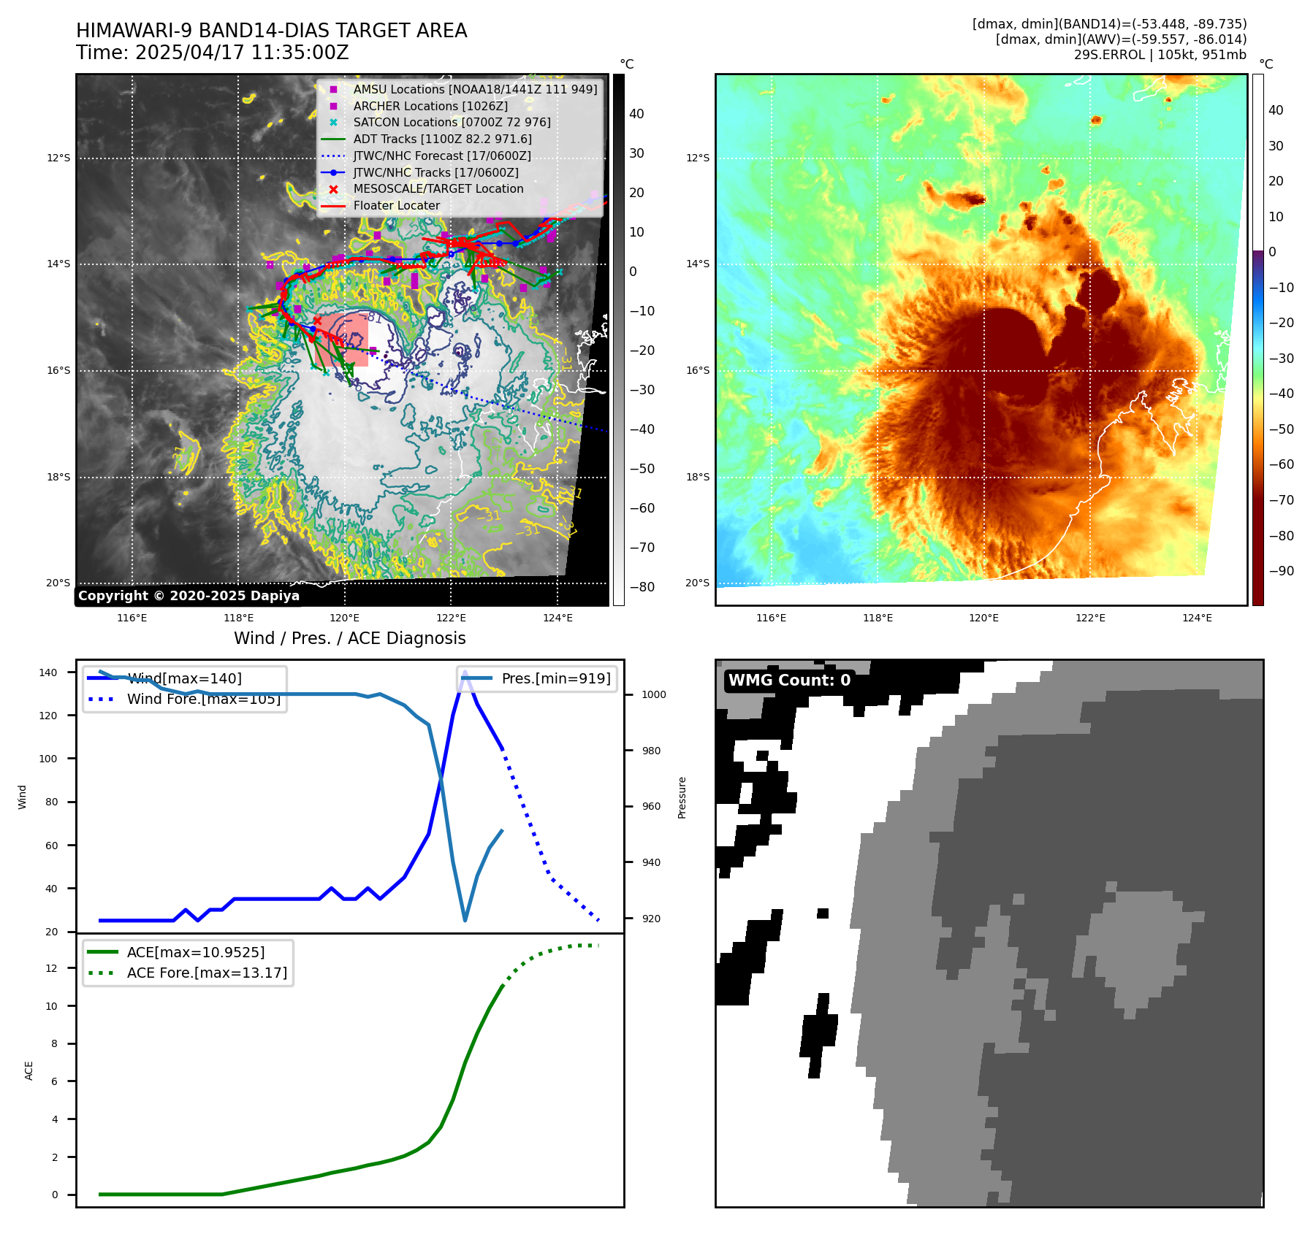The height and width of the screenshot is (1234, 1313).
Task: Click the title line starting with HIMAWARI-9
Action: pyautogui.click(x=271, y=31)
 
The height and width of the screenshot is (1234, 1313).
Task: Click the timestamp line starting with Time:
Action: pyautogui.click(x=212, y=53)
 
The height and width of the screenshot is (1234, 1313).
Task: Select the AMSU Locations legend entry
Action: pyautogui.click(x=475, y=89)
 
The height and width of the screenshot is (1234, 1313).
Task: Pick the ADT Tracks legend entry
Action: pyautogui.click(x=442, y=139)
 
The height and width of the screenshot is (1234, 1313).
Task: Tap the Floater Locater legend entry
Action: pyautogui.click(x=396, y=205)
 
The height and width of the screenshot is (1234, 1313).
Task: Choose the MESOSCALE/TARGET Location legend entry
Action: pyautogui.click(x=438, y=188)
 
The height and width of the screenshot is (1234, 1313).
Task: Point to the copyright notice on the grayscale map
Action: pyautogui.click(x=189, y=595)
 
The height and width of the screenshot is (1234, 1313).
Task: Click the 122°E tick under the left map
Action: pyautogui.click(x=451, y=618)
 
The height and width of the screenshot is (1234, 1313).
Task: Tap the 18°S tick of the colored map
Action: pyautogui.click(x=697, y=477)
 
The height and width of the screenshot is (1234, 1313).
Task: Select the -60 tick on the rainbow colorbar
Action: pyautogui.click(x=1281, y=464)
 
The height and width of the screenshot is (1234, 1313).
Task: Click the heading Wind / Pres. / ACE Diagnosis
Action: pyautogui.click(x=349, y=638)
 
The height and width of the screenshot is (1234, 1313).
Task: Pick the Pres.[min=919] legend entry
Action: pyautogui.click(x=555, y=678)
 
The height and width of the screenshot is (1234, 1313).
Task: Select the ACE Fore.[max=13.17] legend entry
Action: pyautogui.click(x=207, y=973)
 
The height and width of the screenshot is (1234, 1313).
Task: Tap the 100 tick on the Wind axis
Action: pyautogui.click(x=47, y=759)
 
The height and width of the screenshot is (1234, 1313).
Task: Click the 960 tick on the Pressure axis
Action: pyautogui.click(x=650, y=806)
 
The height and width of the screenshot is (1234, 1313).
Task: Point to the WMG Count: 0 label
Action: pyautogui.click(x=789, y=680)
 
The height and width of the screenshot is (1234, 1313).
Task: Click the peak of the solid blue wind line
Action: pyautogui.click(x=465, y=672)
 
